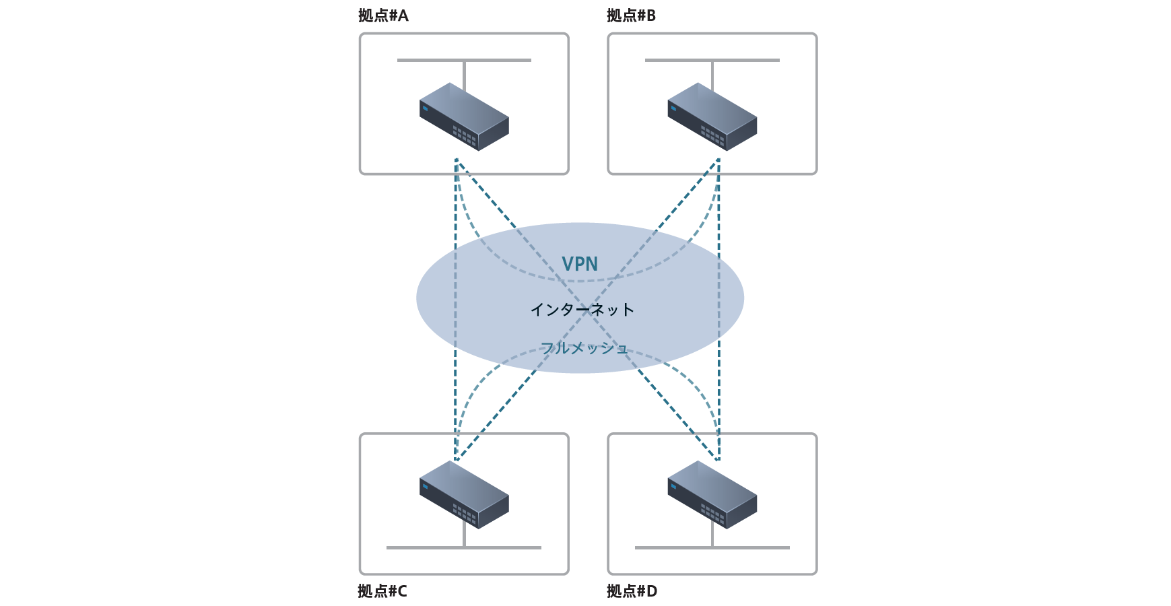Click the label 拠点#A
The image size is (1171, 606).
[383, 15]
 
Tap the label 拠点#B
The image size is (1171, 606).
[631, 15]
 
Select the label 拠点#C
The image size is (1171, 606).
[382, 591]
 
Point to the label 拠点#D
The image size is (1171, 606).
[632, 591]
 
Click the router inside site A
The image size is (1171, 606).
[464, 117]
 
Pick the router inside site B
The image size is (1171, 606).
[712, 117]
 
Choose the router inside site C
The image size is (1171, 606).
[464, 495]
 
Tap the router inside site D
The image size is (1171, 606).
[712, 495]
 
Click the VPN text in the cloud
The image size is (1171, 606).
[580, 264]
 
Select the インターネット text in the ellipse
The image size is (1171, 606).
[582, 309]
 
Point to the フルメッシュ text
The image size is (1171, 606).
[584, 348]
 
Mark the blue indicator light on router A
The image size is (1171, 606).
[425, 108]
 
